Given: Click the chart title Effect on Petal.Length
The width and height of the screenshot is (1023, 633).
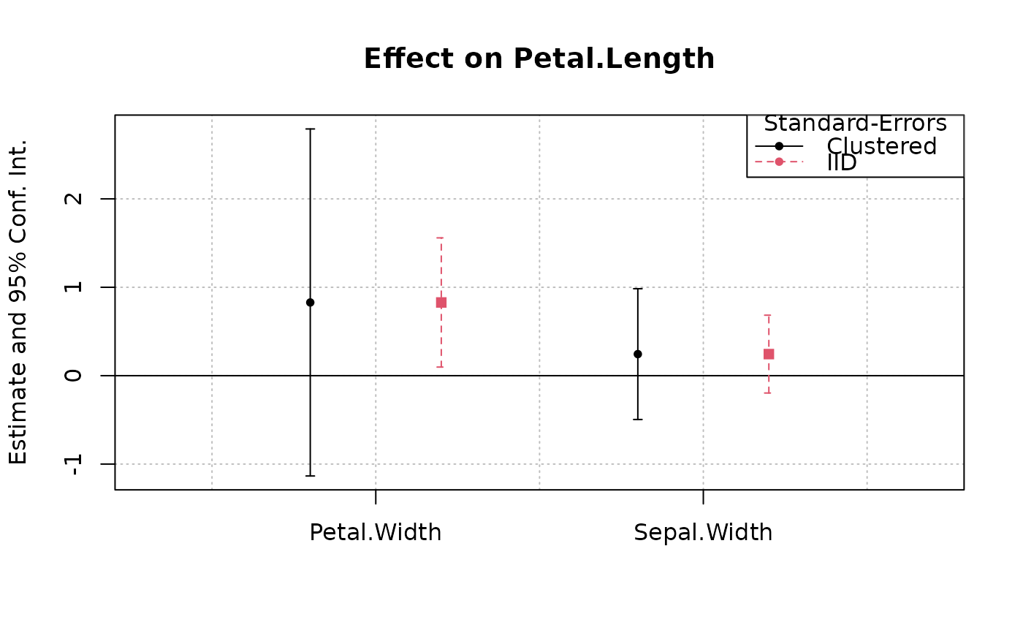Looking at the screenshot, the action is tap(539, 59).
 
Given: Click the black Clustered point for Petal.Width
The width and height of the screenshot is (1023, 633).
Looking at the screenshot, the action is tap(310, 303).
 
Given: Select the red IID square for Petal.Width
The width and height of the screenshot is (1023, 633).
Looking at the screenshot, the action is tap(441, 303).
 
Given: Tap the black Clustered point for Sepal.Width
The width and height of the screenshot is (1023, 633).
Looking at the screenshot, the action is tap(638, 354).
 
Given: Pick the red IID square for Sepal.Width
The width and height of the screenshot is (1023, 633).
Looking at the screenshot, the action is tap(769, 354).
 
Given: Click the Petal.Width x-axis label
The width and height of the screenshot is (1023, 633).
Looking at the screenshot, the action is tap(376, 533).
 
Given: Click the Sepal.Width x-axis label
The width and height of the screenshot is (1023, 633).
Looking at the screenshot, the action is tap(703, 533).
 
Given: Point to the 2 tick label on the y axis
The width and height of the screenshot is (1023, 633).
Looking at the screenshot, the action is tap(74, 199).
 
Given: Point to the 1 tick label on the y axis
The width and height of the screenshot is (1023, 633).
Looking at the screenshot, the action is tap(74, 287).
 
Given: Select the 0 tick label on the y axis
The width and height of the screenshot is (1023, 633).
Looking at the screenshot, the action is tap(74, 376).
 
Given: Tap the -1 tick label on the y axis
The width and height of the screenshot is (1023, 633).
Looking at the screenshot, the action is tap(74, 464).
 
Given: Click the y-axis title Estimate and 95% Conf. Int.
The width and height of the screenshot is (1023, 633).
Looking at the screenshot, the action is tap(18, 303).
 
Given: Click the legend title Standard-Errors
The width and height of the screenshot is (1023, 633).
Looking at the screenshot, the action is tap(856, 124).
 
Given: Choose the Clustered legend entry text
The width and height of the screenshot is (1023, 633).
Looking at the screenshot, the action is tap(882, 147).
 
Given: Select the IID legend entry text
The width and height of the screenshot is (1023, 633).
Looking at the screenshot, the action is tap(842, 162).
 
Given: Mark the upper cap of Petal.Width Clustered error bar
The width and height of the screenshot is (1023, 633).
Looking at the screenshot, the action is tap(310, 129).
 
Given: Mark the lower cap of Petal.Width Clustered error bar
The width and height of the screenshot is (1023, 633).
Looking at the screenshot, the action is tap(310, 476).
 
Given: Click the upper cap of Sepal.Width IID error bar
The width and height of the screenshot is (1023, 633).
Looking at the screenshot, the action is tap(769, 315).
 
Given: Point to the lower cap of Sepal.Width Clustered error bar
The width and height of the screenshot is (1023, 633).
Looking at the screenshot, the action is tap(638, 420).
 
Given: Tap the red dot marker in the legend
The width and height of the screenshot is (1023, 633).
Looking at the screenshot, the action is tap(779, 162).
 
